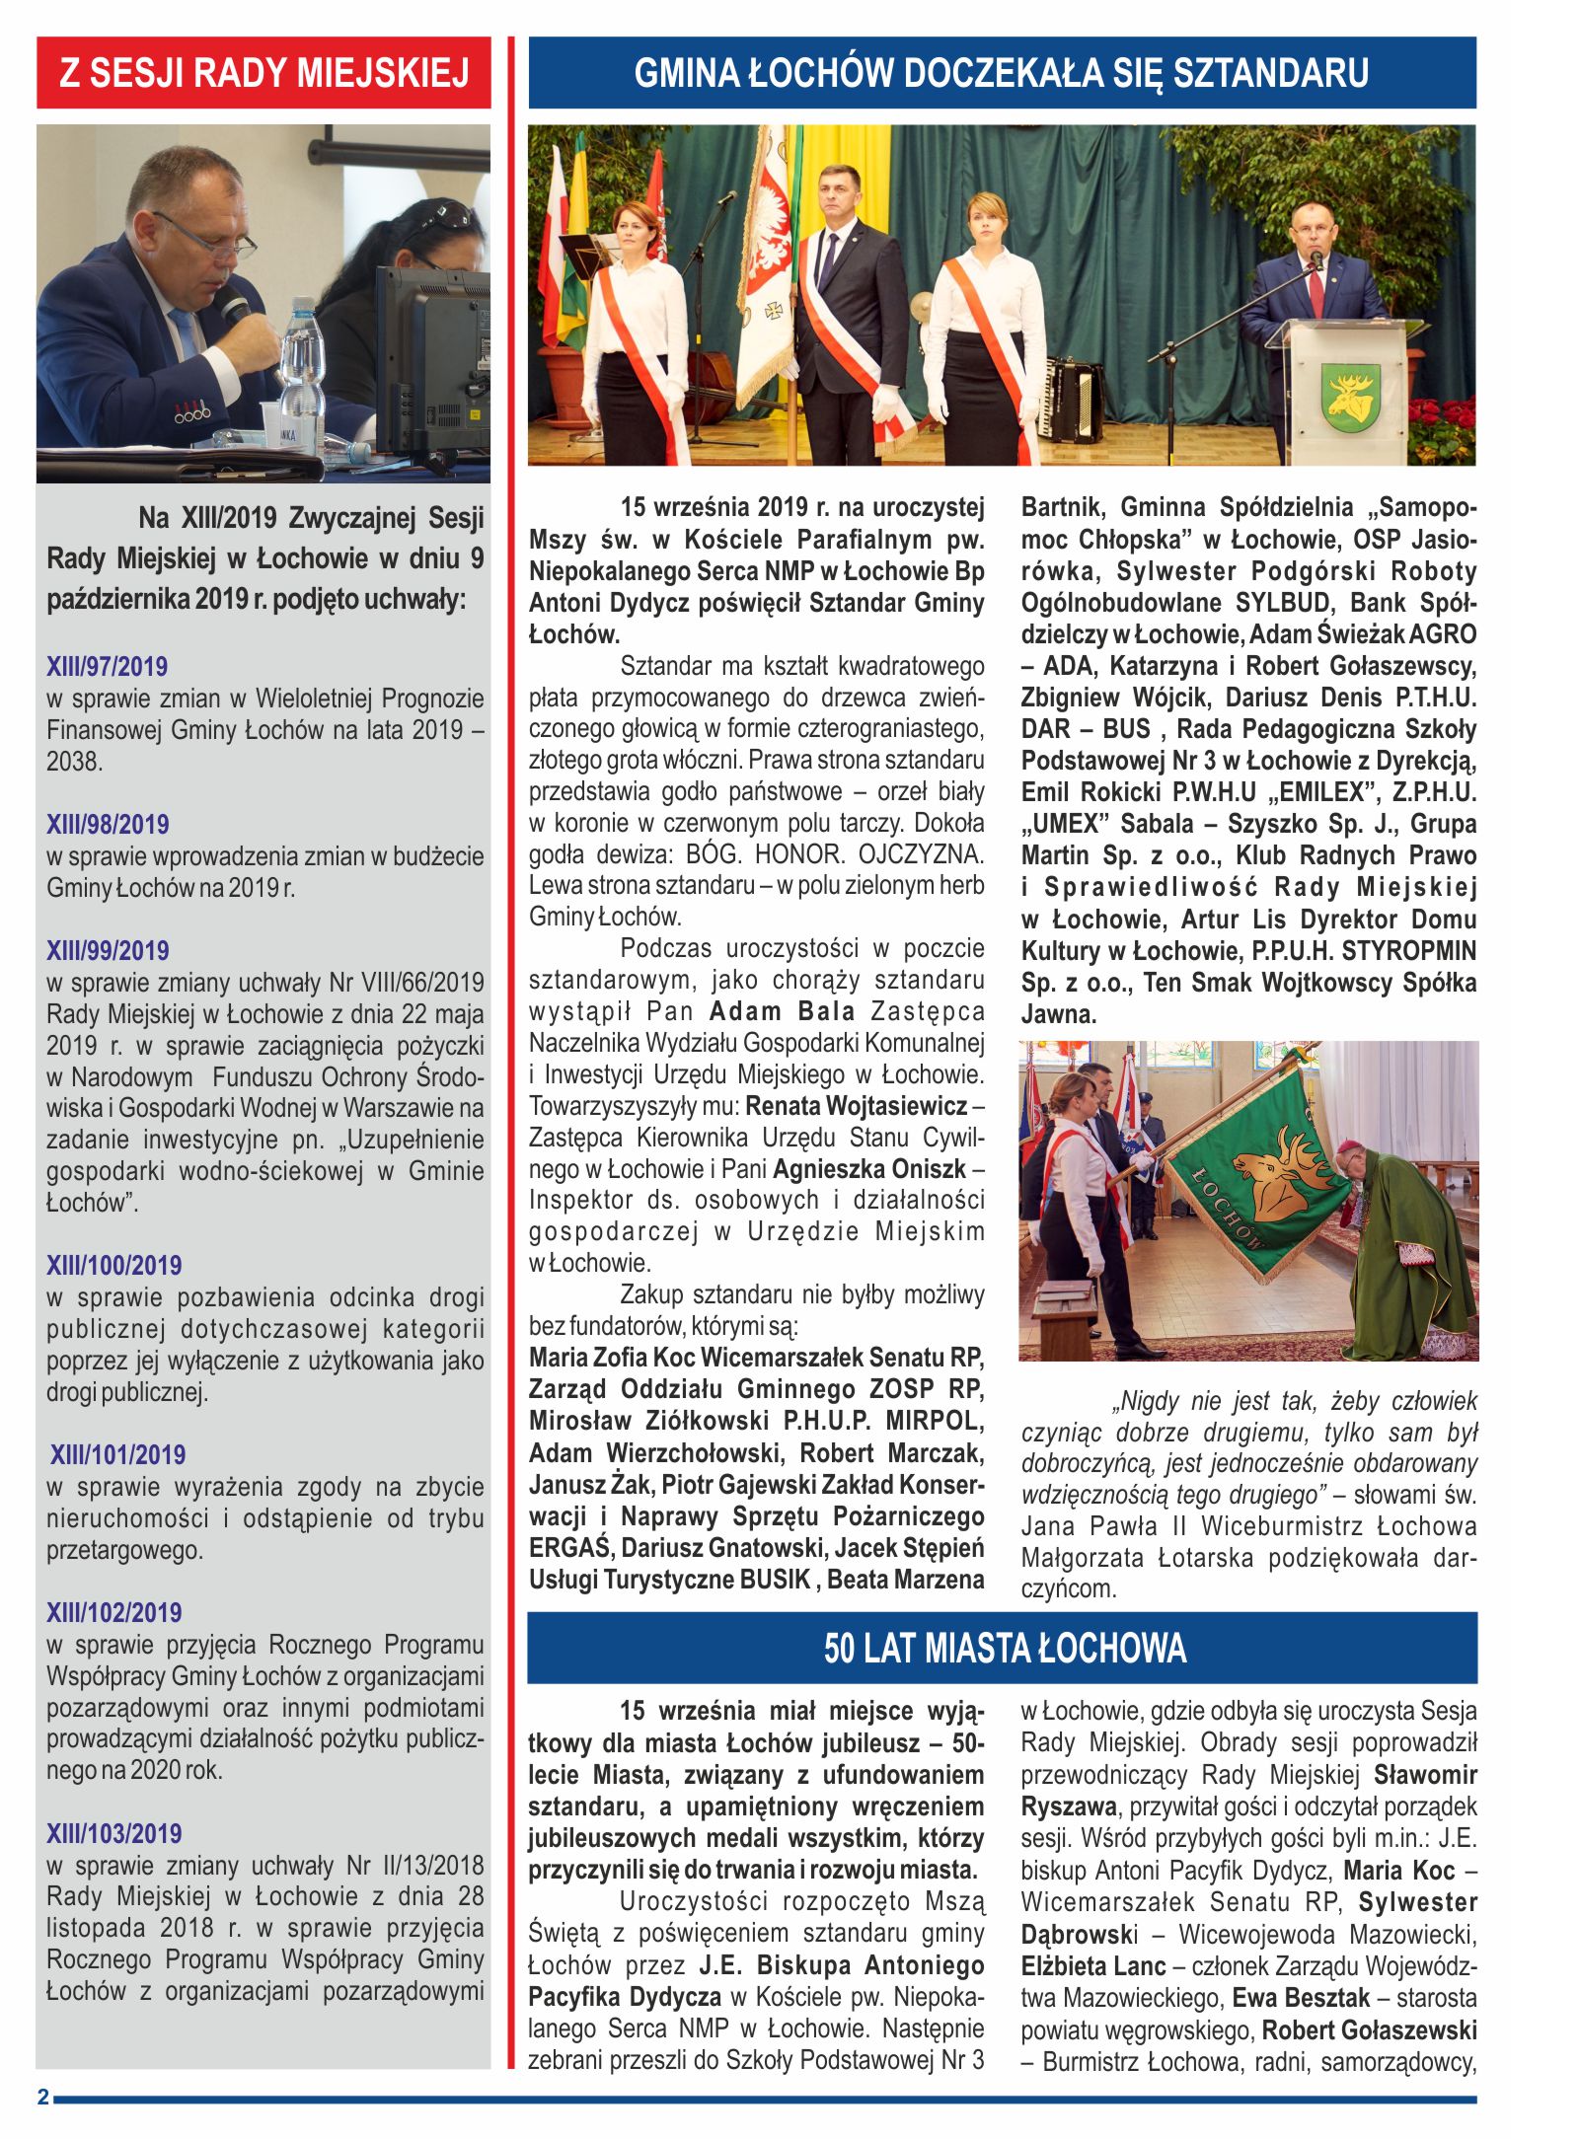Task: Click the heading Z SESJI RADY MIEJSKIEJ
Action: (x=263, y=73)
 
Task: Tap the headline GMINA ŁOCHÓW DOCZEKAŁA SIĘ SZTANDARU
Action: (x=1002, y=73)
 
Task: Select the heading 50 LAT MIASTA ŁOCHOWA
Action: (x=1002, y=1648)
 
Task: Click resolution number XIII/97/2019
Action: (x=107, y=666)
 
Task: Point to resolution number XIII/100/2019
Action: (x=113, y=1265)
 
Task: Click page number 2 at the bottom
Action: (x=42, y=2097)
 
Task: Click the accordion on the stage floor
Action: (x=1073, y=400)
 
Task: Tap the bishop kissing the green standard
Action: (x=1406, y=1243)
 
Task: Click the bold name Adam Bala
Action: (x=782, y=1011)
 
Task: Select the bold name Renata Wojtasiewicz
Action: (x=856, y=1106)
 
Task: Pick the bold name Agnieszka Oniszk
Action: (x=868, y=1169)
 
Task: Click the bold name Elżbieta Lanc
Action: (x=1092, y=1966)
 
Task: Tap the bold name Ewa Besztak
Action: (x=1301, y=1998)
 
